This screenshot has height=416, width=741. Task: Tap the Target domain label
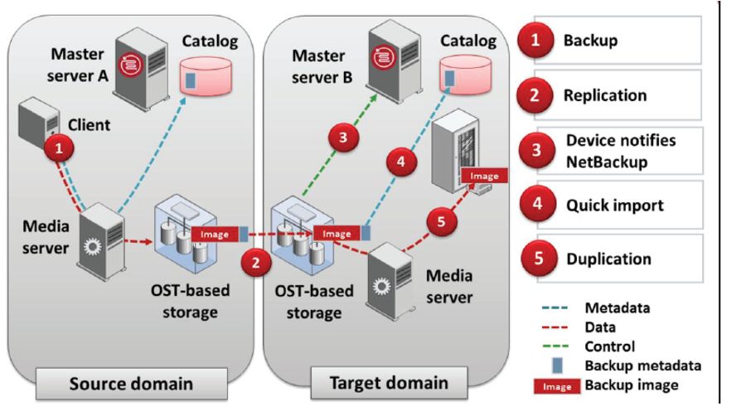click(386, 383)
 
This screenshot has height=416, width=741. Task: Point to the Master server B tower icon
click(389, 48)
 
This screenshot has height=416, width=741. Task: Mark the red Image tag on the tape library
click(485, 176)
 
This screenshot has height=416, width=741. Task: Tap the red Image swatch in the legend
click(557, 385)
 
